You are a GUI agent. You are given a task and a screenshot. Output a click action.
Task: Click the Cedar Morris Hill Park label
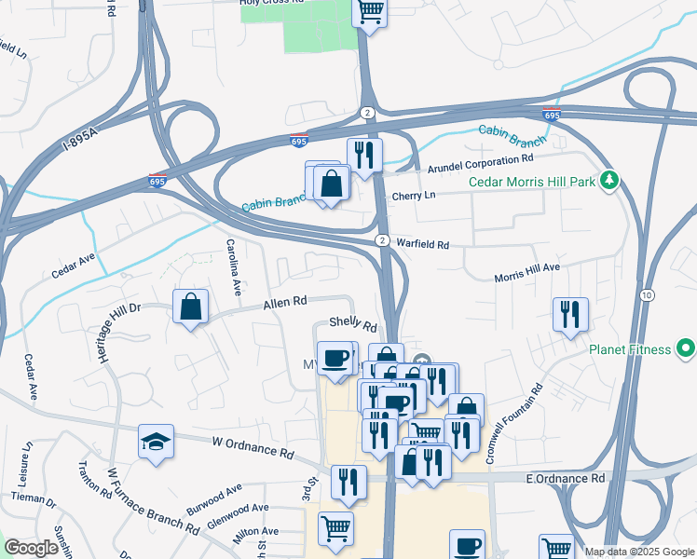(x=531, y=182)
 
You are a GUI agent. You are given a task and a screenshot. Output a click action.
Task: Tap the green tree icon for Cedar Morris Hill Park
(x=610, y=180)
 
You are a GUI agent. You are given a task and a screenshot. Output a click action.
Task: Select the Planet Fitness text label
(x=629, y=349)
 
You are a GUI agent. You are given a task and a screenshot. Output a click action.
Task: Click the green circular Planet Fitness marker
(x=687, y=349)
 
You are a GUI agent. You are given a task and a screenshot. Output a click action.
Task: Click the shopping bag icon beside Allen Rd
(x=190, y=307)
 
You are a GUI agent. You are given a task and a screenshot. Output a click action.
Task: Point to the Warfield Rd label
(x=422, y=244)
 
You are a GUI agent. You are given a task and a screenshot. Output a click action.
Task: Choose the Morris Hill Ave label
(x=526, y=273)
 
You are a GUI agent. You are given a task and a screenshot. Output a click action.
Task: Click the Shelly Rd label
(x=353, y=326)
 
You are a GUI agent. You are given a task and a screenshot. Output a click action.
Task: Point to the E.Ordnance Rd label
(x=566, y=478)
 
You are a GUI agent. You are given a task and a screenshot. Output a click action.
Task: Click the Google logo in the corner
(x=32, y=548)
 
